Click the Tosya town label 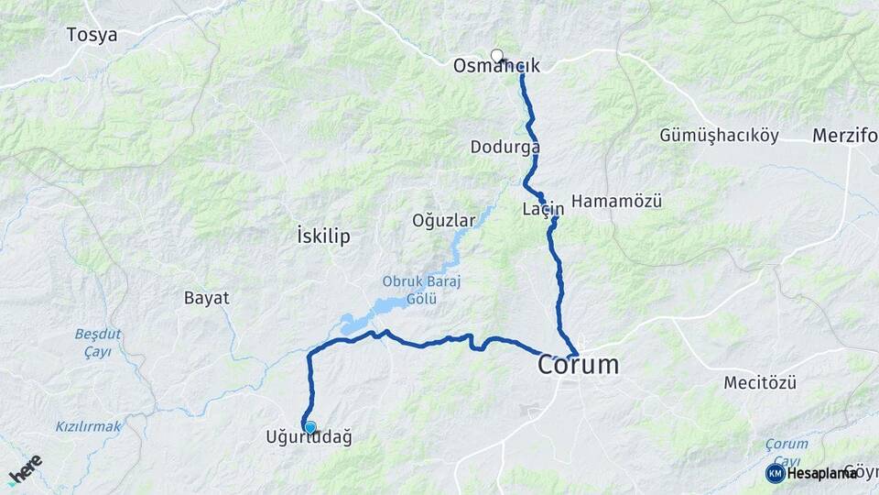pos(92,36)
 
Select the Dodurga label pos(505,147)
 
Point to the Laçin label pos(543,209)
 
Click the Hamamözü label pos(616,201)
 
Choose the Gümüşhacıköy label pos(719,136)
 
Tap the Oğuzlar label pos(444,221)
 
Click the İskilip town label pos(324,236)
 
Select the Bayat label pos(206,298)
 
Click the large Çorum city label pos(578,365)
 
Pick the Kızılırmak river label pos(88,426)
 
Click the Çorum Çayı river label pos(787,451)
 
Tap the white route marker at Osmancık pos(497,56)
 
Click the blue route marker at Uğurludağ pos(310,427)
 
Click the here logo pos(25,469)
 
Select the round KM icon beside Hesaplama pos(775,473)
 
